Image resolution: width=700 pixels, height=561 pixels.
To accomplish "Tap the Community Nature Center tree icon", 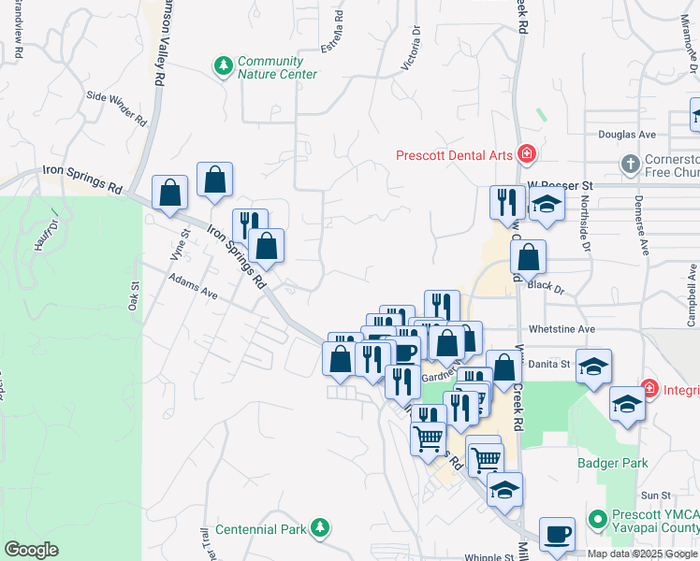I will point(224,65).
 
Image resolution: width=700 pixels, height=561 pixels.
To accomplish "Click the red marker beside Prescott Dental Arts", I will point(527,152).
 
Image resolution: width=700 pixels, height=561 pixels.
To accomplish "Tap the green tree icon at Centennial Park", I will point(319,528).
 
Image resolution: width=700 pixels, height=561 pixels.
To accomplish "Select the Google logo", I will point(31,550).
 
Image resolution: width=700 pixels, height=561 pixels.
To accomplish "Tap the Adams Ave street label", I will point(193,287).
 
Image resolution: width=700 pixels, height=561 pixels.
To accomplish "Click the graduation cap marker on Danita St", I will point(593,365).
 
